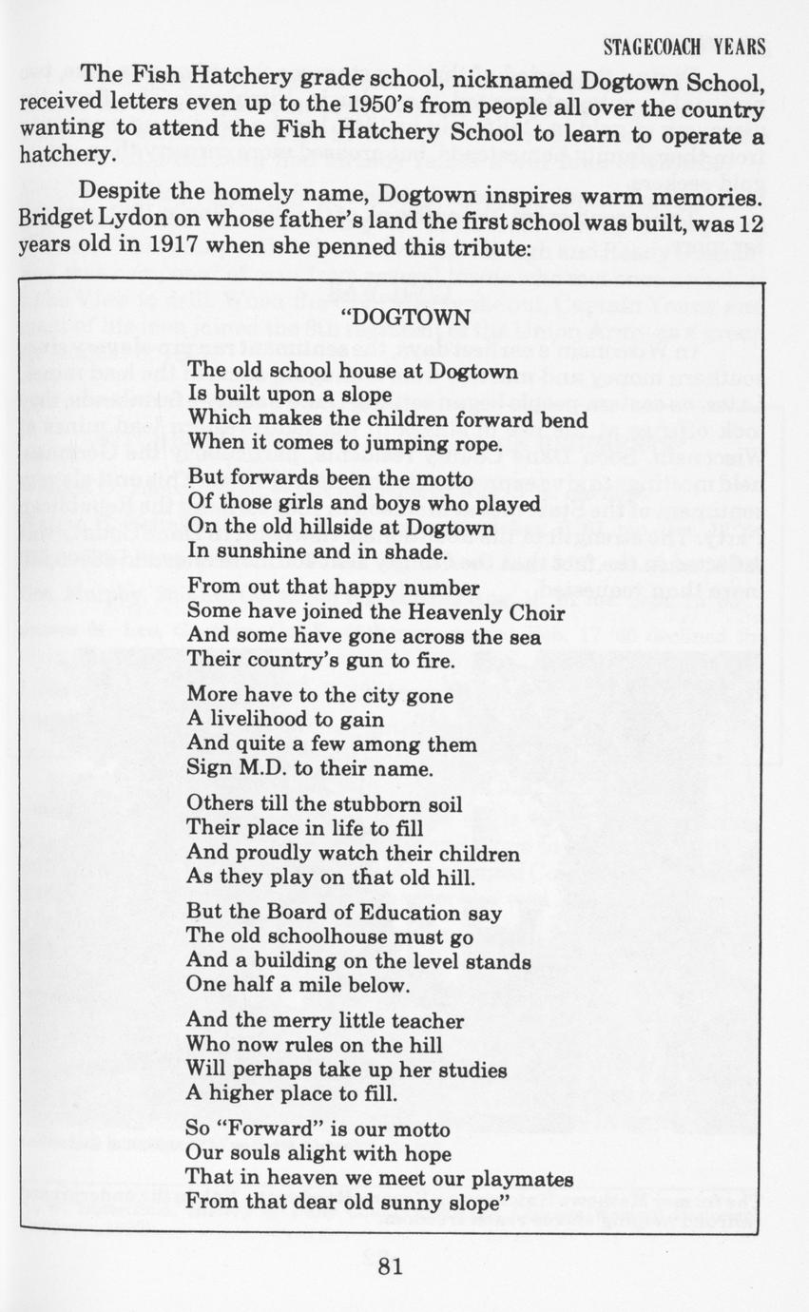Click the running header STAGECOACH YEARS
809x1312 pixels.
(x=684, y=48)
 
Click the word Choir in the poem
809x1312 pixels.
(x=529, y=613)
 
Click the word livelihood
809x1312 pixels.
(x=257, y=721)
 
